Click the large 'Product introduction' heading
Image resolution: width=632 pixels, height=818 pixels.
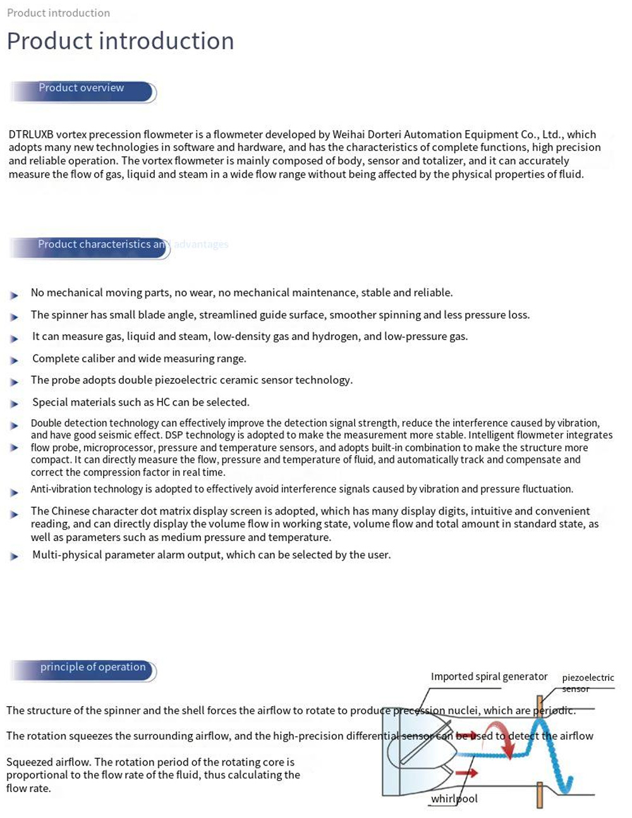(x=120, y=41)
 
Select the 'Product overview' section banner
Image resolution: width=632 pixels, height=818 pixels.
(x=82, y=89)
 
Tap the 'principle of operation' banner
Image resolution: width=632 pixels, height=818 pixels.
(x=92, y=668)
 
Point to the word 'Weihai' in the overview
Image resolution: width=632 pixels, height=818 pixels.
(x=349, y=134)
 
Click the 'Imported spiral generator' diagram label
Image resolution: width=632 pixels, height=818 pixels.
(x=489, y=676)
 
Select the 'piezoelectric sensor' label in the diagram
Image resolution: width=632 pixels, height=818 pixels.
(x=587, y=682)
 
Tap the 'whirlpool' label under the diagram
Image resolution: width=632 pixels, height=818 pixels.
(x=454, y=799)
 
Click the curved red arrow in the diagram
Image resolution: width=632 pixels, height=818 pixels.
(x=503, y=738)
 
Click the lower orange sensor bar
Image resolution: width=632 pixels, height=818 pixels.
(x=540, y=795)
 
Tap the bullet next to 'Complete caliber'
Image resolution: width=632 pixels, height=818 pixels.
(x=15, y=360)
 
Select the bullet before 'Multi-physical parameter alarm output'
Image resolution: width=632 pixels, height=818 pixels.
(x=15, y=556)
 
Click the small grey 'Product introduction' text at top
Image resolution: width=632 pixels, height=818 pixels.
(x=58, y=13)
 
